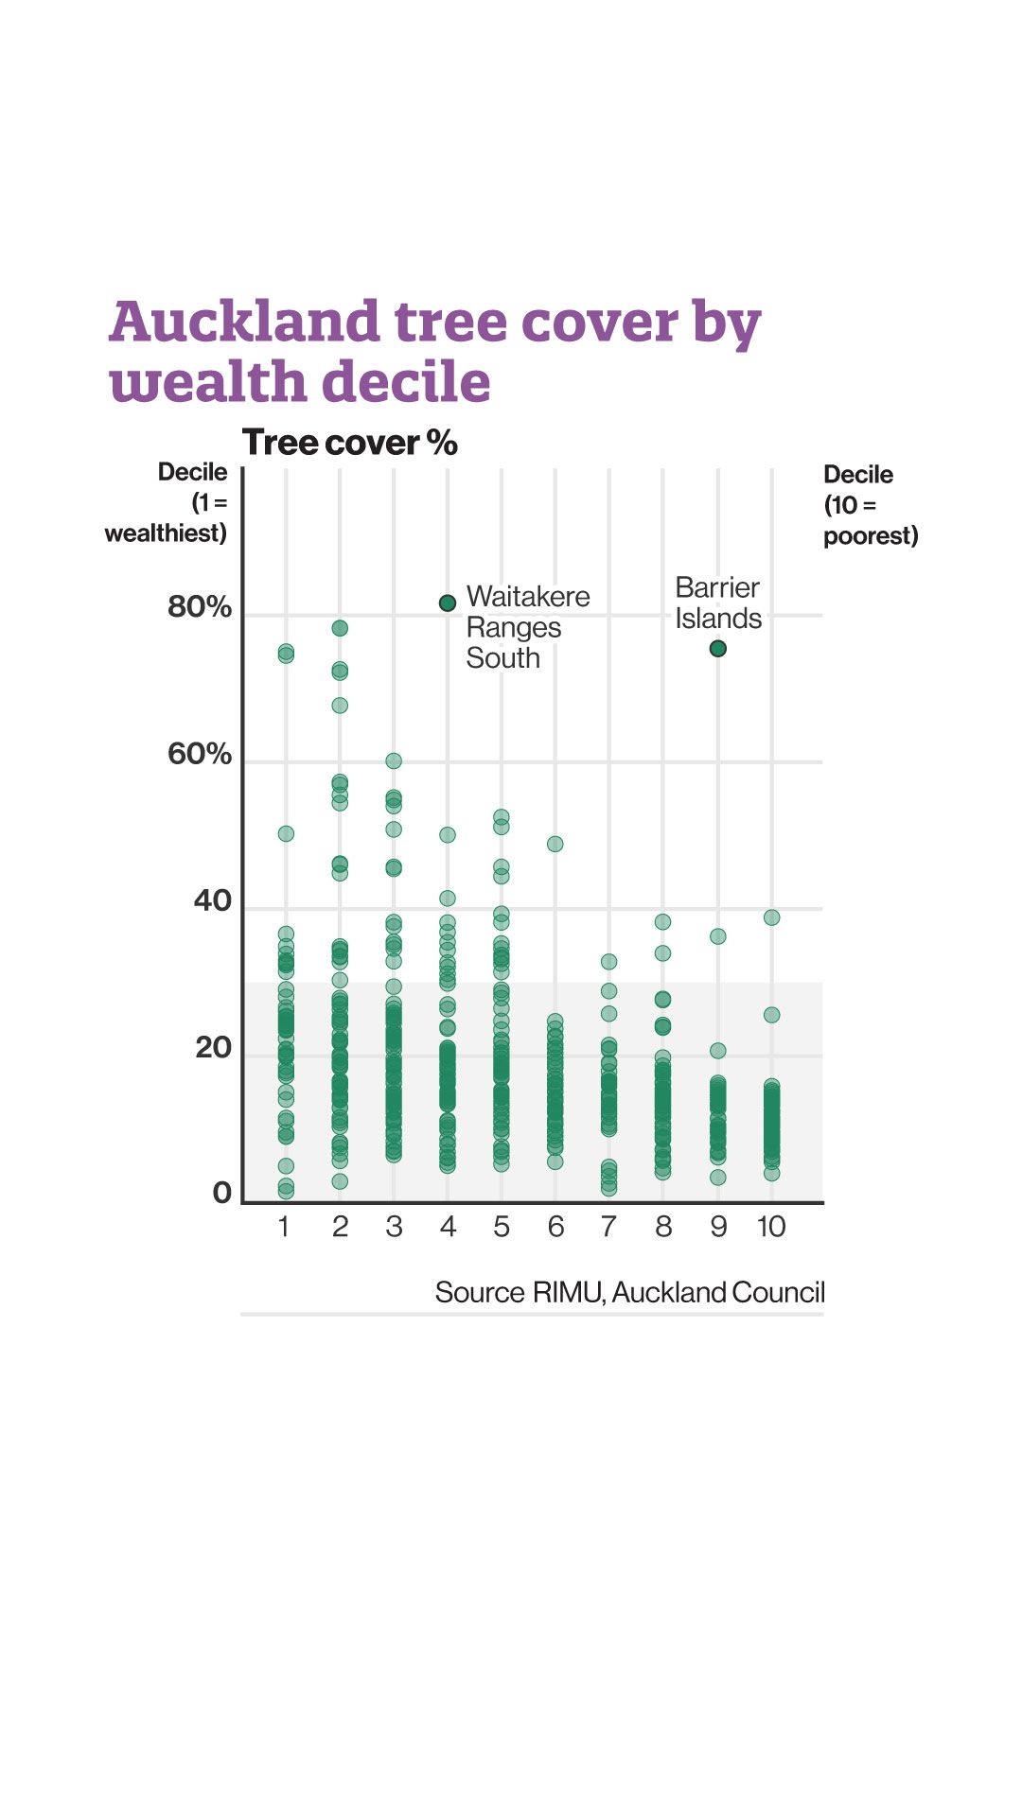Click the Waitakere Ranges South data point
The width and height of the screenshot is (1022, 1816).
click(448, 602)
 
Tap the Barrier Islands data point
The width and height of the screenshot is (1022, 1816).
click(718, 649)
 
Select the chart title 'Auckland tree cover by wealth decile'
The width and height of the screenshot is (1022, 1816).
click(434, 351)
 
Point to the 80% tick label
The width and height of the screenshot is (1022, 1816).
click(200, 607)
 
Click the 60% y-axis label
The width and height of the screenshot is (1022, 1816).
click(200, 754)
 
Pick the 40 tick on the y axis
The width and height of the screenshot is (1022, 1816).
click(213, 900)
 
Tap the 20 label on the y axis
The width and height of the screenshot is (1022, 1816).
click(213, 1048)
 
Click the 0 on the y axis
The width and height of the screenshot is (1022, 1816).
click(222, 1194)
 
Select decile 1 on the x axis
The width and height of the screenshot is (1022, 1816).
click(284, 1227)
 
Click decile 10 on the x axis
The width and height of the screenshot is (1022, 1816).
click(771, 1227)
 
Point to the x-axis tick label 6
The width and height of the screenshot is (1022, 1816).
click(555, 1227)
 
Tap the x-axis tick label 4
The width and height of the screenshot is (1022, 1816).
click(448, 1227)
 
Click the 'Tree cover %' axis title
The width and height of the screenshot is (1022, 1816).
click(350, 443)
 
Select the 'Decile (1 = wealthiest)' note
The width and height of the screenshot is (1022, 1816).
click(167, 503)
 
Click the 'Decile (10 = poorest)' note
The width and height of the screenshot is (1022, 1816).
click(870, 505)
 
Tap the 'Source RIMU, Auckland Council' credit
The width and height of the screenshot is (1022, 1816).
click(629, 1292)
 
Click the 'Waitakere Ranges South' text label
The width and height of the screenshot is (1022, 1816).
click(526, 627)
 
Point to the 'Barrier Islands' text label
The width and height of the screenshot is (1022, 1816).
click(718, 602)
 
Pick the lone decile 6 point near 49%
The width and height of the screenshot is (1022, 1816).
click(555, 844)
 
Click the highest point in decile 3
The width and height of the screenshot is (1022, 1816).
click(394, 760)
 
